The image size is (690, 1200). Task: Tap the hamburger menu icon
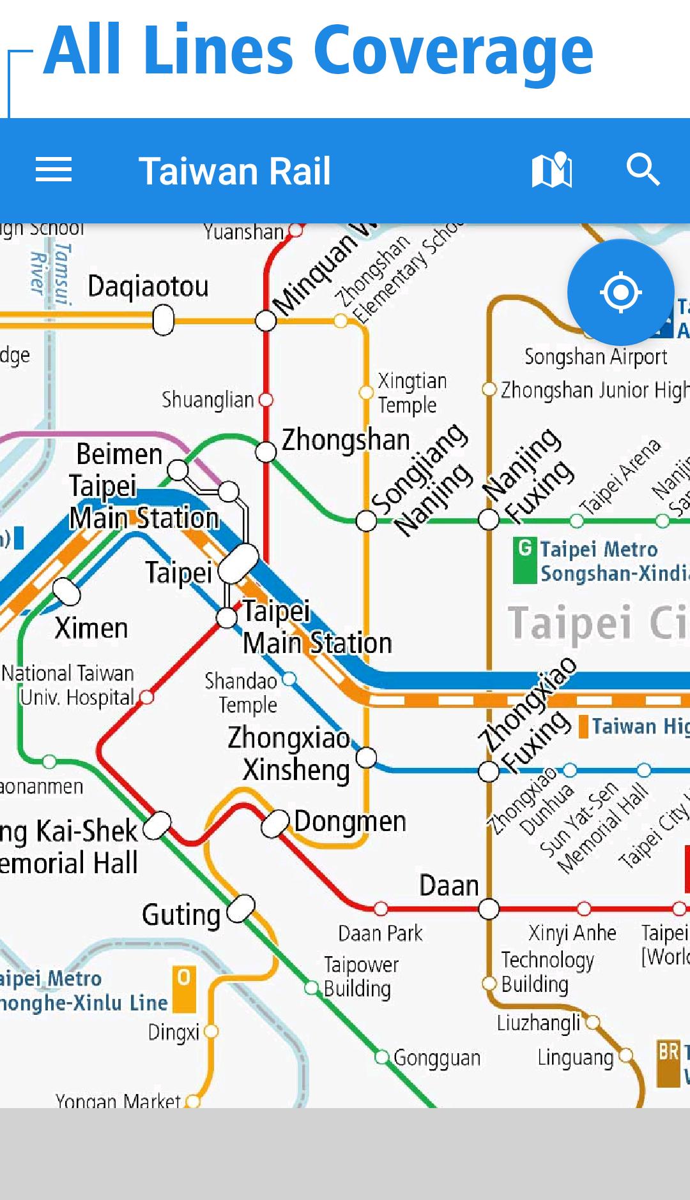pos(54,170)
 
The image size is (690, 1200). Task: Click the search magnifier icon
pos(643,170)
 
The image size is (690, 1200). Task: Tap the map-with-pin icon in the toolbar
pos(552,170)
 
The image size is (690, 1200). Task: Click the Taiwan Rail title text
pos(234,171)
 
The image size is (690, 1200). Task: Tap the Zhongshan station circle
pos(266,452)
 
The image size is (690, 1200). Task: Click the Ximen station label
pos(91,628)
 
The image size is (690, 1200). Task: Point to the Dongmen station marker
pos(275,823)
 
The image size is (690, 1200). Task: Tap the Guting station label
pos(181,915)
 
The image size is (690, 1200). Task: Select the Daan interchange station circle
pos(489,908)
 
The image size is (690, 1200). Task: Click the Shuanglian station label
pos(208,400)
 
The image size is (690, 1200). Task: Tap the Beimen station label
pos(119,454)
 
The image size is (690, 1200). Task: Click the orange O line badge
pos(184,989)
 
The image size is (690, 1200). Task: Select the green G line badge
pos(525,560)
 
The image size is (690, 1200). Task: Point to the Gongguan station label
pos(437,1058)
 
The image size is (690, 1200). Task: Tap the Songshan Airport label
pos(595,356)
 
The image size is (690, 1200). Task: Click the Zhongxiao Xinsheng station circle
pos(366,758)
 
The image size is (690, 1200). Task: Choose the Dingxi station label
pos(174,1031)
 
